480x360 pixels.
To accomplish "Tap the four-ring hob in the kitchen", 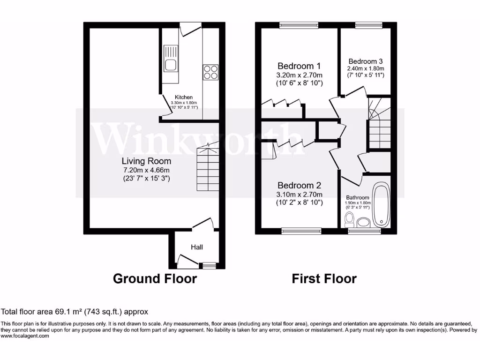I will tap(210, 72).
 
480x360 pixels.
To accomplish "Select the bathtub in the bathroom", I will tap(381, 205).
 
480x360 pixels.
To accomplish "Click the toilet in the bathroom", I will tap(349, 218).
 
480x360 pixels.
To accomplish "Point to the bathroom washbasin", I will tap(363, 221).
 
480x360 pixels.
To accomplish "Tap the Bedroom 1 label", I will tap(299, 66).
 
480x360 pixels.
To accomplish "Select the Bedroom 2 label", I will tap(299, 185).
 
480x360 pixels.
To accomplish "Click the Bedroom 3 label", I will tap(366, 61).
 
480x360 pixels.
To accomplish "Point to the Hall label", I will tap(197, 247).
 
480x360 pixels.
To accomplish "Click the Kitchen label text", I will tap(184, 97).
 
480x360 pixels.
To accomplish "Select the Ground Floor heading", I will tap(155, 278).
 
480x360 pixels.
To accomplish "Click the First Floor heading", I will tap(324, 278).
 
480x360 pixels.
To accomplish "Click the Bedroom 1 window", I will tap(299, 25).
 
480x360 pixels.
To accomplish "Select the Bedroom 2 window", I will tap(301, 231).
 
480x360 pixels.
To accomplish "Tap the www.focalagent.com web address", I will tap(25, 336).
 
